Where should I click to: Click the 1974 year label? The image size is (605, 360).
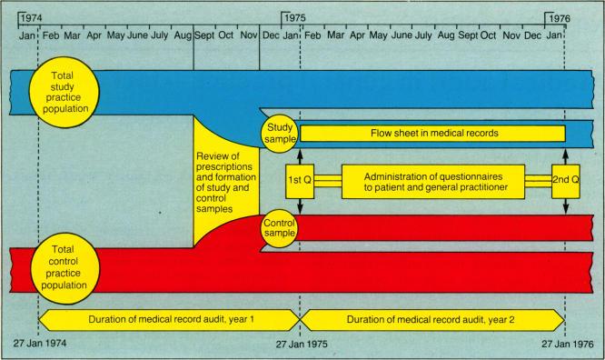33,16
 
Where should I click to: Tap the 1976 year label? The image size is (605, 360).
558,16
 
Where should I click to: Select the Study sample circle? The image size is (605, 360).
276,133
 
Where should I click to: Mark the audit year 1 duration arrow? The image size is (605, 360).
168,319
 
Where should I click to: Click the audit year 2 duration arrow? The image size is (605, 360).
432,319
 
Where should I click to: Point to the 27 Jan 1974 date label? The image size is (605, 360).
45,345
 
